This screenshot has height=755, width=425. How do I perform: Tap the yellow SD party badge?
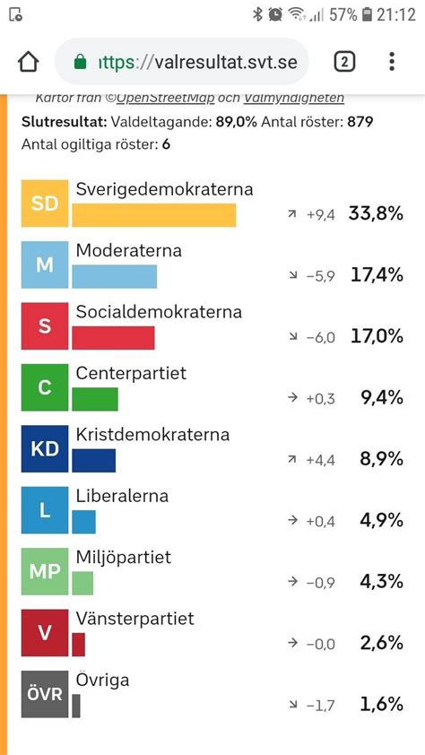tap(45, 203)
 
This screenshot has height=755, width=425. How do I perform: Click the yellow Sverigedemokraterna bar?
tap(153, 215)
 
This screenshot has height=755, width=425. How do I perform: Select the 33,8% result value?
tap(377, 213)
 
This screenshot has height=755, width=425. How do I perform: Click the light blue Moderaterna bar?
tap(114, 276)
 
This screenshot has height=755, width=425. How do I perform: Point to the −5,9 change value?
tap(320, 275)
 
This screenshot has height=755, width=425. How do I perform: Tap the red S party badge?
tap(45, 325)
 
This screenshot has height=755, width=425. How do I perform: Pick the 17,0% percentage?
tap(377, 336)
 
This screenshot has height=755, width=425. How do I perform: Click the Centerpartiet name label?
tap(131, 373)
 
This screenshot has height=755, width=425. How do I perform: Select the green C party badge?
tap(45, 386)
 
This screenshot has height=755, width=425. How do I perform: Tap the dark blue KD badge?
tap(45, 447)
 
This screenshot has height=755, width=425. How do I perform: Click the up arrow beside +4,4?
tap(291, 459)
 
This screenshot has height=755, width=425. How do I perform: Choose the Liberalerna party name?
tap(123, 496)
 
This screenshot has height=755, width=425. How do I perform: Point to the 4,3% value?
tap(382, 581)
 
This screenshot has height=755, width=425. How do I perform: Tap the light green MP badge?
tap(45, 570)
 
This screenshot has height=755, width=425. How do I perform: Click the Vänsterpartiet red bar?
tap(79, 644)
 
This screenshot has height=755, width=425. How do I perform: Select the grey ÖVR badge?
tap(45, 693)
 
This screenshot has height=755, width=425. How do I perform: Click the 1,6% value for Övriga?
tap(382, 704)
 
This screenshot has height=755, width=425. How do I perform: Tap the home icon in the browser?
tap(29, 62)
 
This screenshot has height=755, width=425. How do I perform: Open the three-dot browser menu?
tap(392, 62)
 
